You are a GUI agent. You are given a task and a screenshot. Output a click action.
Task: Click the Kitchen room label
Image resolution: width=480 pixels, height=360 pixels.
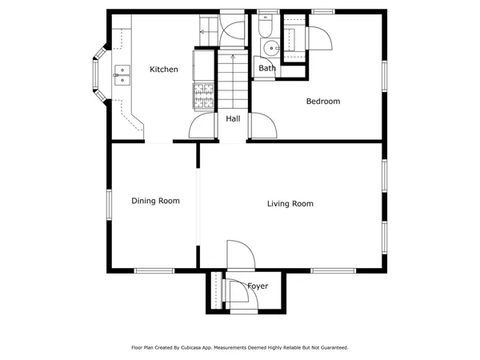(x=164, y=70)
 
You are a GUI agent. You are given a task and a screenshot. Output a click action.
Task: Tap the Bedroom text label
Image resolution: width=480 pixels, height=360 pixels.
(x=323, y=102)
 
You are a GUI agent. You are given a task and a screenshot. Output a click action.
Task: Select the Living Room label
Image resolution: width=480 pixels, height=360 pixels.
(x=290, y=204)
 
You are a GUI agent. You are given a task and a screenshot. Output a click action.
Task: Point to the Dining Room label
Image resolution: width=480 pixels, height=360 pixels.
(x=155, y=202)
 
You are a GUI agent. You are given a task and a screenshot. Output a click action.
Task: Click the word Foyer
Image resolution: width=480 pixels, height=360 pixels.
(x=258, y=286)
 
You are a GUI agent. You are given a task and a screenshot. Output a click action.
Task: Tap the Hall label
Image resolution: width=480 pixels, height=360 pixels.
(x=233, y=118)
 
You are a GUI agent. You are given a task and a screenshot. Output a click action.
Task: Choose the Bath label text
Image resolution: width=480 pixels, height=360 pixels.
(x=267, y=69)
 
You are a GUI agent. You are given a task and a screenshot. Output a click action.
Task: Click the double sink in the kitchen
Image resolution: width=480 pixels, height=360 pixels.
(x=122, y=75)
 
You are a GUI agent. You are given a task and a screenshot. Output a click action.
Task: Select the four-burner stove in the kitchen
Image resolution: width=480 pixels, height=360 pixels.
(x=202, y=96)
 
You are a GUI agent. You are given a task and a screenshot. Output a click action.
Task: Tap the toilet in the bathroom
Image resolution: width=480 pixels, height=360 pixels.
(x=266, y=29)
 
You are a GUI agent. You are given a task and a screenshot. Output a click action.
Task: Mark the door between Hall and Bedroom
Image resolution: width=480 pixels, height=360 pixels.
(x=262, y=126)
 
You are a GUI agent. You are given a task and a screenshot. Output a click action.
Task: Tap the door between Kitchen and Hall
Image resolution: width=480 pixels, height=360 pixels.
(x=203, y=126)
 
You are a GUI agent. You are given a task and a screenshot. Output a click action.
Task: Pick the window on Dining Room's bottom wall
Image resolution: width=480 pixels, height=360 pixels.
(x=154, y=270)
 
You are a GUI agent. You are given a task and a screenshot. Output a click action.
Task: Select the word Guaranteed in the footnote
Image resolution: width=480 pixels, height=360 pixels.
(x=331, y=348)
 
